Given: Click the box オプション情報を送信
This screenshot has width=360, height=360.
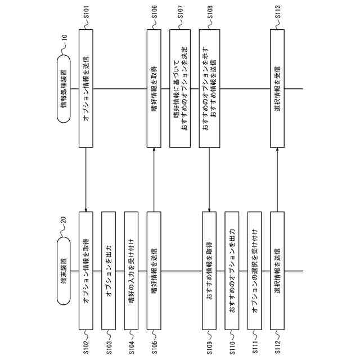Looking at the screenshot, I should pos(85,89).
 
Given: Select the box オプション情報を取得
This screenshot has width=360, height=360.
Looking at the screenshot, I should pos(85,270).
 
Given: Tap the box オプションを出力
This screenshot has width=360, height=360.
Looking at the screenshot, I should pos(108,270).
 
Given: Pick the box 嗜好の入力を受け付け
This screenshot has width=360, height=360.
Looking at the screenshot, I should pos(131,270).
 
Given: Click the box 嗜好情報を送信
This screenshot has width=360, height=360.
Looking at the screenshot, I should pos(154,270).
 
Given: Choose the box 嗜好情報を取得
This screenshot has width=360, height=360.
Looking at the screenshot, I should pos(154,89).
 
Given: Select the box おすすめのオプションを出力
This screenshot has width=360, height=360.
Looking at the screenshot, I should pos(232,270).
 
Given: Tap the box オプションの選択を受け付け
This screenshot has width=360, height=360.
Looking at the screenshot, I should pos(254,270).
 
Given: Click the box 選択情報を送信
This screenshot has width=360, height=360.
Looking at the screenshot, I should pos(277,270).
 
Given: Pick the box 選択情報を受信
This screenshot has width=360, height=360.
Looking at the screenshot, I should pos(277,89).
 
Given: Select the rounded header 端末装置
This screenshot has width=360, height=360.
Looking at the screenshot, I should pos(63,269).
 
